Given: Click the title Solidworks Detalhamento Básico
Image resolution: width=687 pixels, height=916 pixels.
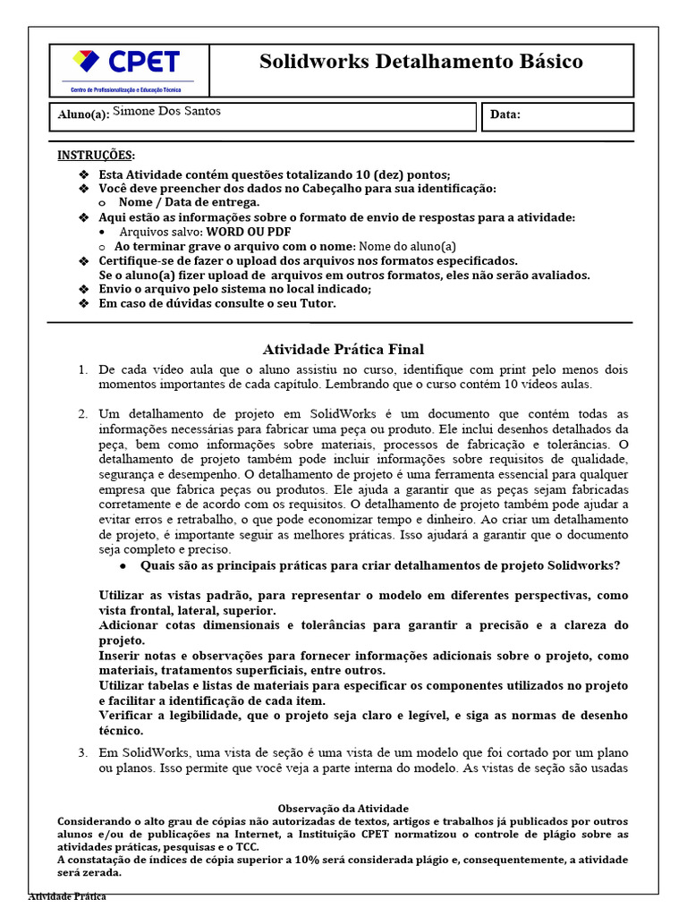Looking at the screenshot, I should coord(420,62).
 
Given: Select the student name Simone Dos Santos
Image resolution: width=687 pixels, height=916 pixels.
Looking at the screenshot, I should coord(167,111).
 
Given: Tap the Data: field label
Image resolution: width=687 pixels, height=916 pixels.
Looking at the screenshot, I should coord(505,114).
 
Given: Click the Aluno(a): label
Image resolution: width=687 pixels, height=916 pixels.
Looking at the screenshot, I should coord(82,114).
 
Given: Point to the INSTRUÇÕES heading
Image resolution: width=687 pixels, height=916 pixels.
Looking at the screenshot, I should coord(97,155).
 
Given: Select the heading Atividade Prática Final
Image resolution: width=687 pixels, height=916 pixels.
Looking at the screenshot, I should coord(343,350).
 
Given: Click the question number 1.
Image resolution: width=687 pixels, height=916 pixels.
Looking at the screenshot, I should coord(82,369).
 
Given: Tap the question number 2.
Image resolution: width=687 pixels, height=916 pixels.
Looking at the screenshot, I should coord(82,414).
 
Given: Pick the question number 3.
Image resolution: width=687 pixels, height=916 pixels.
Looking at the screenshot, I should coord(82,752).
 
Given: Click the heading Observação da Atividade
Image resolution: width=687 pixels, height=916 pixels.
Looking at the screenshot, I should coord(343,808).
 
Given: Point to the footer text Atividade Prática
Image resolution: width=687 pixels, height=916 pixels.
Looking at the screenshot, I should coord(67,896).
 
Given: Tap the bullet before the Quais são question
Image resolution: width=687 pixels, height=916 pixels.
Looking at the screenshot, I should coord(123,566).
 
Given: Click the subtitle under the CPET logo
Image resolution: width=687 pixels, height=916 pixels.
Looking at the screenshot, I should coord(126,90).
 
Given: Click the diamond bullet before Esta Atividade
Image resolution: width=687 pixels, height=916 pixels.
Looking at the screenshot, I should coord(84,174).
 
